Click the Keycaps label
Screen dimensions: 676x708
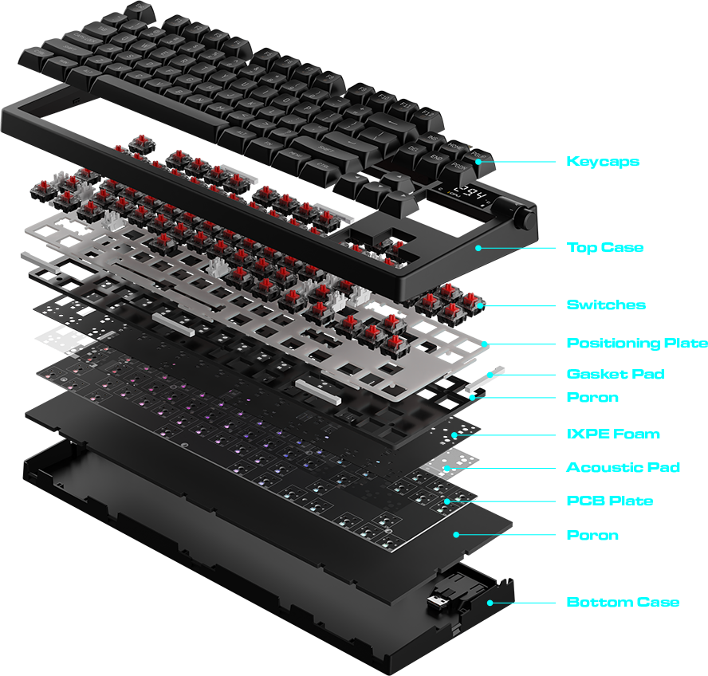pos(603,162)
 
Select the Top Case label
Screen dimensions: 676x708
pos(604,248)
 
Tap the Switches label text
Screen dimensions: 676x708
pos(606,305)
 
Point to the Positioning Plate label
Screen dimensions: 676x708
pos(636,344)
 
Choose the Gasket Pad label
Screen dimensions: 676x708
pos(615,374)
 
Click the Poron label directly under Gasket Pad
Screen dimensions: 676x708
pos(592,397)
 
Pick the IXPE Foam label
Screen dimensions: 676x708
pos(613,434)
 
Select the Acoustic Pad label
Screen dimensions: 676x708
pos(623,468)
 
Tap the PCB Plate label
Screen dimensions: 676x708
pos(609,501)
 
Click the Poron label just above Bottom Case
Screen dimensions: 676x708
pos(592,535)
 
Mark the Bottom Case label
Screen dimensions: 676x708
pos(623,602)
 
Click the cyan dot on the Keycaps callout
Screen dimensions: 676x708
pos(479,162)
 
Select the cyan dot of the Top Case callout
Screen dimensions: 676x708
pos(478,248)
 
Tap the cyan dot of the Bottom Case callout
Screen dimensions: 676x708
pos(490,603)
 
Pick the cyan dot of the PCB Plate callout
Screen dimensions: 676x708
pos(447,501)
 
